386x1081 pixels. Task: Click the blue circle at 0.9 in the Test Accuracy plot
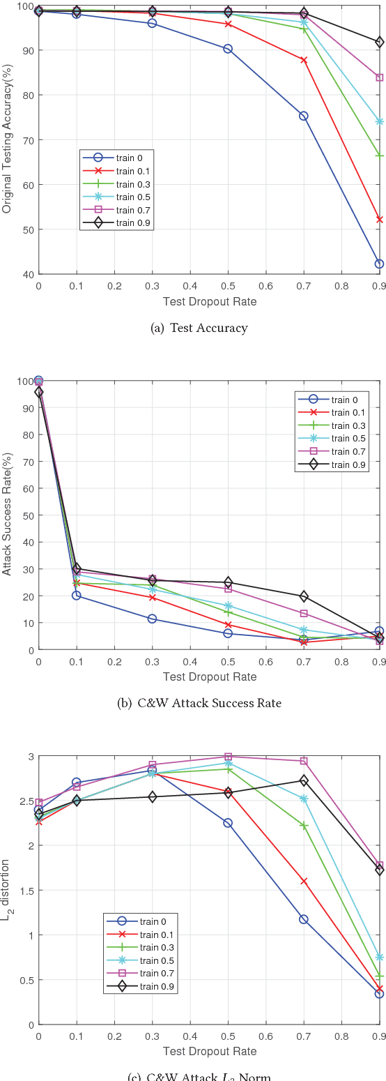[379, 264]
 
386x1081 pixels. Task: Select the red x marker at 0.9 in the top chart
[379, 220]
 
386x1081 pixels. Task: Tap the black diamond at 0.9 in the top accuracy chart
[379, 43]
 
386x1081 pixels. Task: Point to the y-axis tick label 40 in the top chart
[28, 274]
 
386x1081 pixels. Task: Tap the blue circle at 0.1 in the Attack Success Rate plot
[77, 596]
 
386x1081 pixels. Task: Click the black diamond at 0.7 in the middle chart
[304, 596]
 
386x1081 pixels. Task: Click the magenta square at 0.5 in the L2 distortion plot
[228, 757]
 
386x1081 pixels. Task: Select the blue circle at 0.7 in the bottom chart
[304, 919]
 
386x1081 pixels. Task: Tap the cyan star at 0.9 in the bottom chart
[379, 957]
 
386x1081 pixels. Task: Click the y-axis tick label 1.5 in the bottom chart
[25, 891]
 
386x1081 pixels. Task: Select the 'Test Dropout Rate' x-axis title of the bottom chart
[209, 1051]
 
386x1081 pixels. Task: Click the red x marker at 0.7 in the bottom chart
[304, 882]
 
